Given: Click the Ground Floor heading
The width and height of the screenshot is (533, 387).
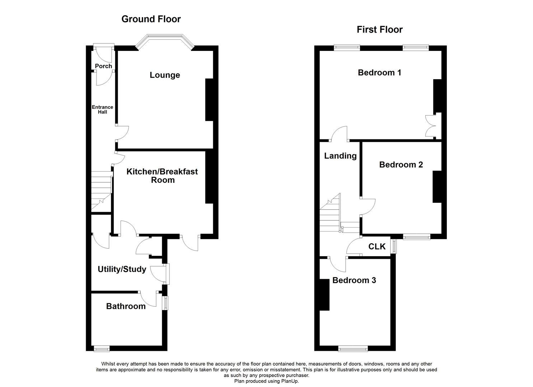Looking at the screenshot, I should click(x=151, y=19).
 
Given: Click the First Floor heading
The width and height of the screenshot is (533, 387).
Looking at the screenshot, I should click(x=379, y=30).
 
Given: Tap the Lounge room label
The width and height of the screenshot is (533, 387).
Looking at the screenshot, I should click(x=165, y=75).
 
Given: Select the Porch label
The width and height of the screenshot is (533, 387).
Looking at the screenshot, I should click(x=103, y=66).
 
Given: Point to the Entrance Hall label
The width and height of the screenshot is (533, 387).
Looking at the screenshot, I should click(x=102, y=110).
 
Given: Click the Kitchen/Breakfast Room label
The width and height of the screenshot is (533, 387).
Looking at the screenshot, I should click(x=162, y=176).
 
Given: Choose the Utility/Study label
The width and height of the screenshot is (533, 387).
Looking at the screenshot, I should click(x=122, y=269).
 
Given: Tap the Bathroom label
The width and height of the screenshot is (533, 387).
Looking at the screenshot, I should click(x=126, y=306).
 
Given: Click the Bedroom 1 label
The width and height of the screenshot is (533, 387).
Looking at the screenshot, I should click(x=379, y=73).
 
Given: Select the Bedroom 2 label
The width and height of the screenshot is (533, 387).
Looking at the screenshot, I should click(x=401, y=165).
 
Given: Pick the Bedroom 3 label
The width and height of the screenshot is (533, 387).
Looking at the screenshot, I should click(x=354, y=281).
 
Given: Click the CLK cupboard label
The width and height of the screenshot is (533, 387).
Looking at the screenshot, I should click(x=377, y=247).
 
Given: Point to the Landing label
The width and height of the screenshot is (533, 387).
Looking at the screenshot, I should click(x=340, y=156).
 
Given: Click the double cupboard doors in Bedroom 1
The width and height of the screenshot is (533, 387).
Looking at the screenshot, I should click(x=431, y=126).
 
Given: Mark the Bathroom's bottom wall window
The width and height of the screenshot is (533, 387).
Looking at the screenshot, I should click(x=102, y=348).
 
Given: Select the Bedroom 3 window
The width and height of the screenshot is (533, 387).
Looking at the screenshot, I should click(x=353, y=348).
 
